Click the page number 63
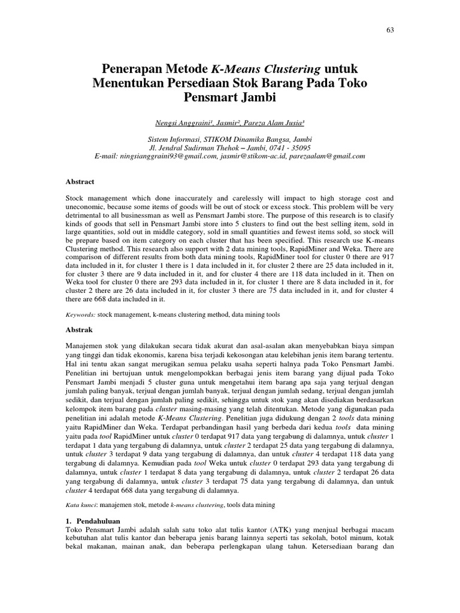coord(390,30)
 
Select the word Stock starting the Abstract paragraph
coord(74,198)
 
